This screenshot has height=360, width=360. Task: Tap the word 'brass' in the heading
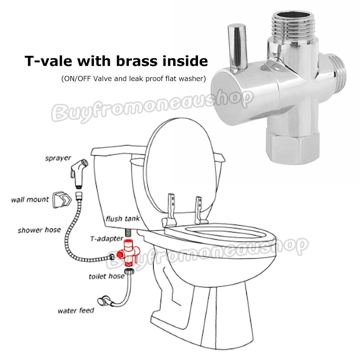(138, 60)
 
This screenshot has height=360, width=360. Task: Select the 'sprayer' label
(58, 158)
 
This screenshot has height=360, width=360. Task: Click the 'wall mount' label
(30, 199)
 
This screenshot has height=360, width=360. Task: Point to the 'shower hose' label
(39, 230)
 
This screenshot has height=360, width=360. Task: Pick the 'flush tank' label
(123, 219)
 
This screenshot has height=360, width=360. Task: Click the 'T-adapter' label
(107, 239)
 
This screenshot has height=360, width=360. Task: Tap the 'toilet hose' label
(107, 276)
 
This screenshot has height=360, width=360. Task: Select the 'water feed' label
(76, 311)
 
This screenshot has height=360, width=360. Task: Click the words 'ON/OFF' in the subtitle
(77, 79)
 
